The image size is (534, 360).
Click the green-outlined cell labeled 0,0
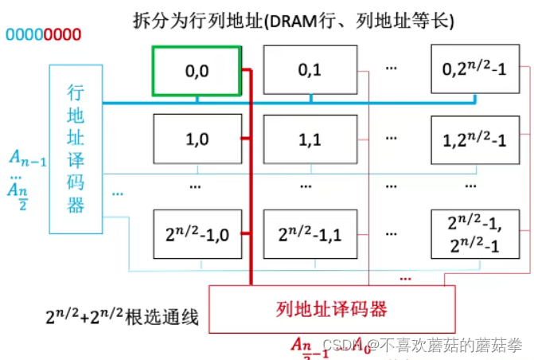197,71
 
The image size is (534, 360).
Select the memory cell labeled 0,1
309,71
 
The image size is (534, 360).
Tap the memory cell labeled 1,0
197,140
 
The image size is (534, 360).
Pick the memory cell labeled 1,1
309,140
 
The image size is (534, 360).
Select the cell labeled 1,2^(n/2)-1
474,140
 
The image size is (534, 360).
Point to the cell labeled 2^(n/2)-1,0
197,234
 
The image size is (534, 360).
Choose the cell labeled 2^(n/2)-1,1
309,234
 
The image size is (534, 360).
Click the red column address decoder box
331,307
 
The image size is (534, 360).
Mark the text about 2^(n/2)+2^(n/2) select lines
122,319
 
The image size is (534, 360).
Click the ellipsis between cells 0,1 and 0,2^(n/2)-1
391,69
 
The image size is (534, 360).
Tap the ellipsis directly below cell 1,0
197,185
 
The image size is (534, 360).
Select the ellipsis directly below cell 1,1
309,185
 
